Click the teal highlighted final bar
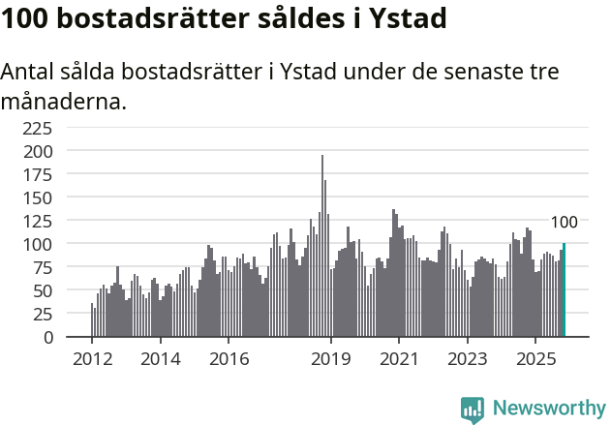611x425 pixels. [x=564, y=290]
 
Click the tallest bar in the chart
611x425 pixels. [x=322, y=247]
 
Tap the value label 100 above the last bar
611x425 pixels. [x=564, y=223]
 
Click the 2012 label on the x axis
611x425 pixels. [x=92, y=359]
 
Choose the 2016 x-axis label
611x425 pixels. [x=229, y=359]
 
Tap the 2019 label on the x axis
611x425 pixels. [x=331, y=359]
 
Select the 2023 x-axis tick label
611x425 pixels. [x=468, y=359]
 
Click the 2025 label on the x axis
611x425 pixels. [x=535, y=359]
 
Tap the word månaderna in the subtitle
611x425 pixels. [x=63, y=101]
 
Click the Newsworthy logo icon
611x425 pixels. [x=473, y=409]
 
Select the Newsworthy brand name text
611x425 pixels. [x=549, y=409]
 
